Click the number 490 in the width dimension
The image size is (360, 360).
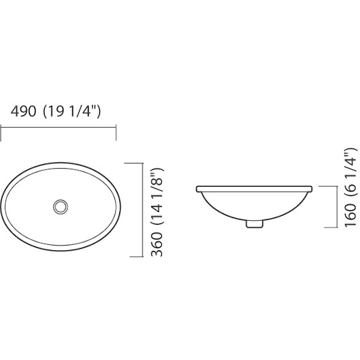[x=23, y=111]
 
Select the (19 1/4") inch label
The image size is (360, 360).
[x=72, y=112]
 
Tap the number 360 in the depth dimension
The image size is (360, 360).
[x=157, y=244]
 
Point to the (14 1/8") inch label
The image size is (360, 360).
[x=157, y=198]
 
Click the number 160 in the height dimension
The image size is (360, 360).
[x=351, y=215]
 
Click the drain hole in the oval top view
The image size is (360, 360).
[x=61, y=207]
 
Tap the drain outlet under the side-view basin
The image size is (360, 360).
[x=254, y=224]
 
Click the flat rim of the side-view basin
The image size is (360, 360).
[x=254, y=189]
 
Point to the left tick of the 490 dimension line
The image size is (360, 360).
[x=1, y=133]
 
